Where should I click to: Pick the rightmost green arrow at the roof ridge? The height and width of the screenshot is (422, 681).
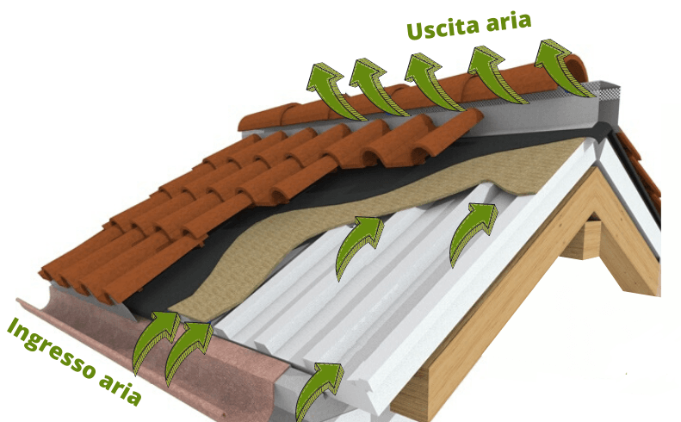[560, 66]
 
